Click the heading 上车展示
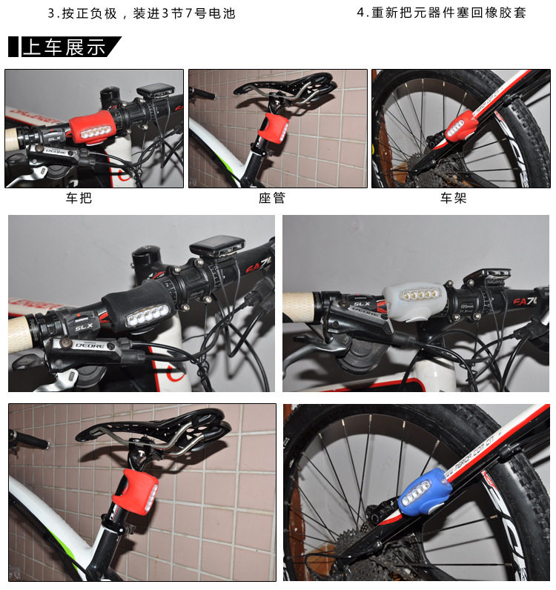[64, 47]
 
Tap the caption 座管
[271, 198]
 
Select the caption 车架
[453, 198]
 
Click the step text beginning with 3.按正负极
[141, 13]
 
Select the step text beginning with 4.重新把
[441, 13]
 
